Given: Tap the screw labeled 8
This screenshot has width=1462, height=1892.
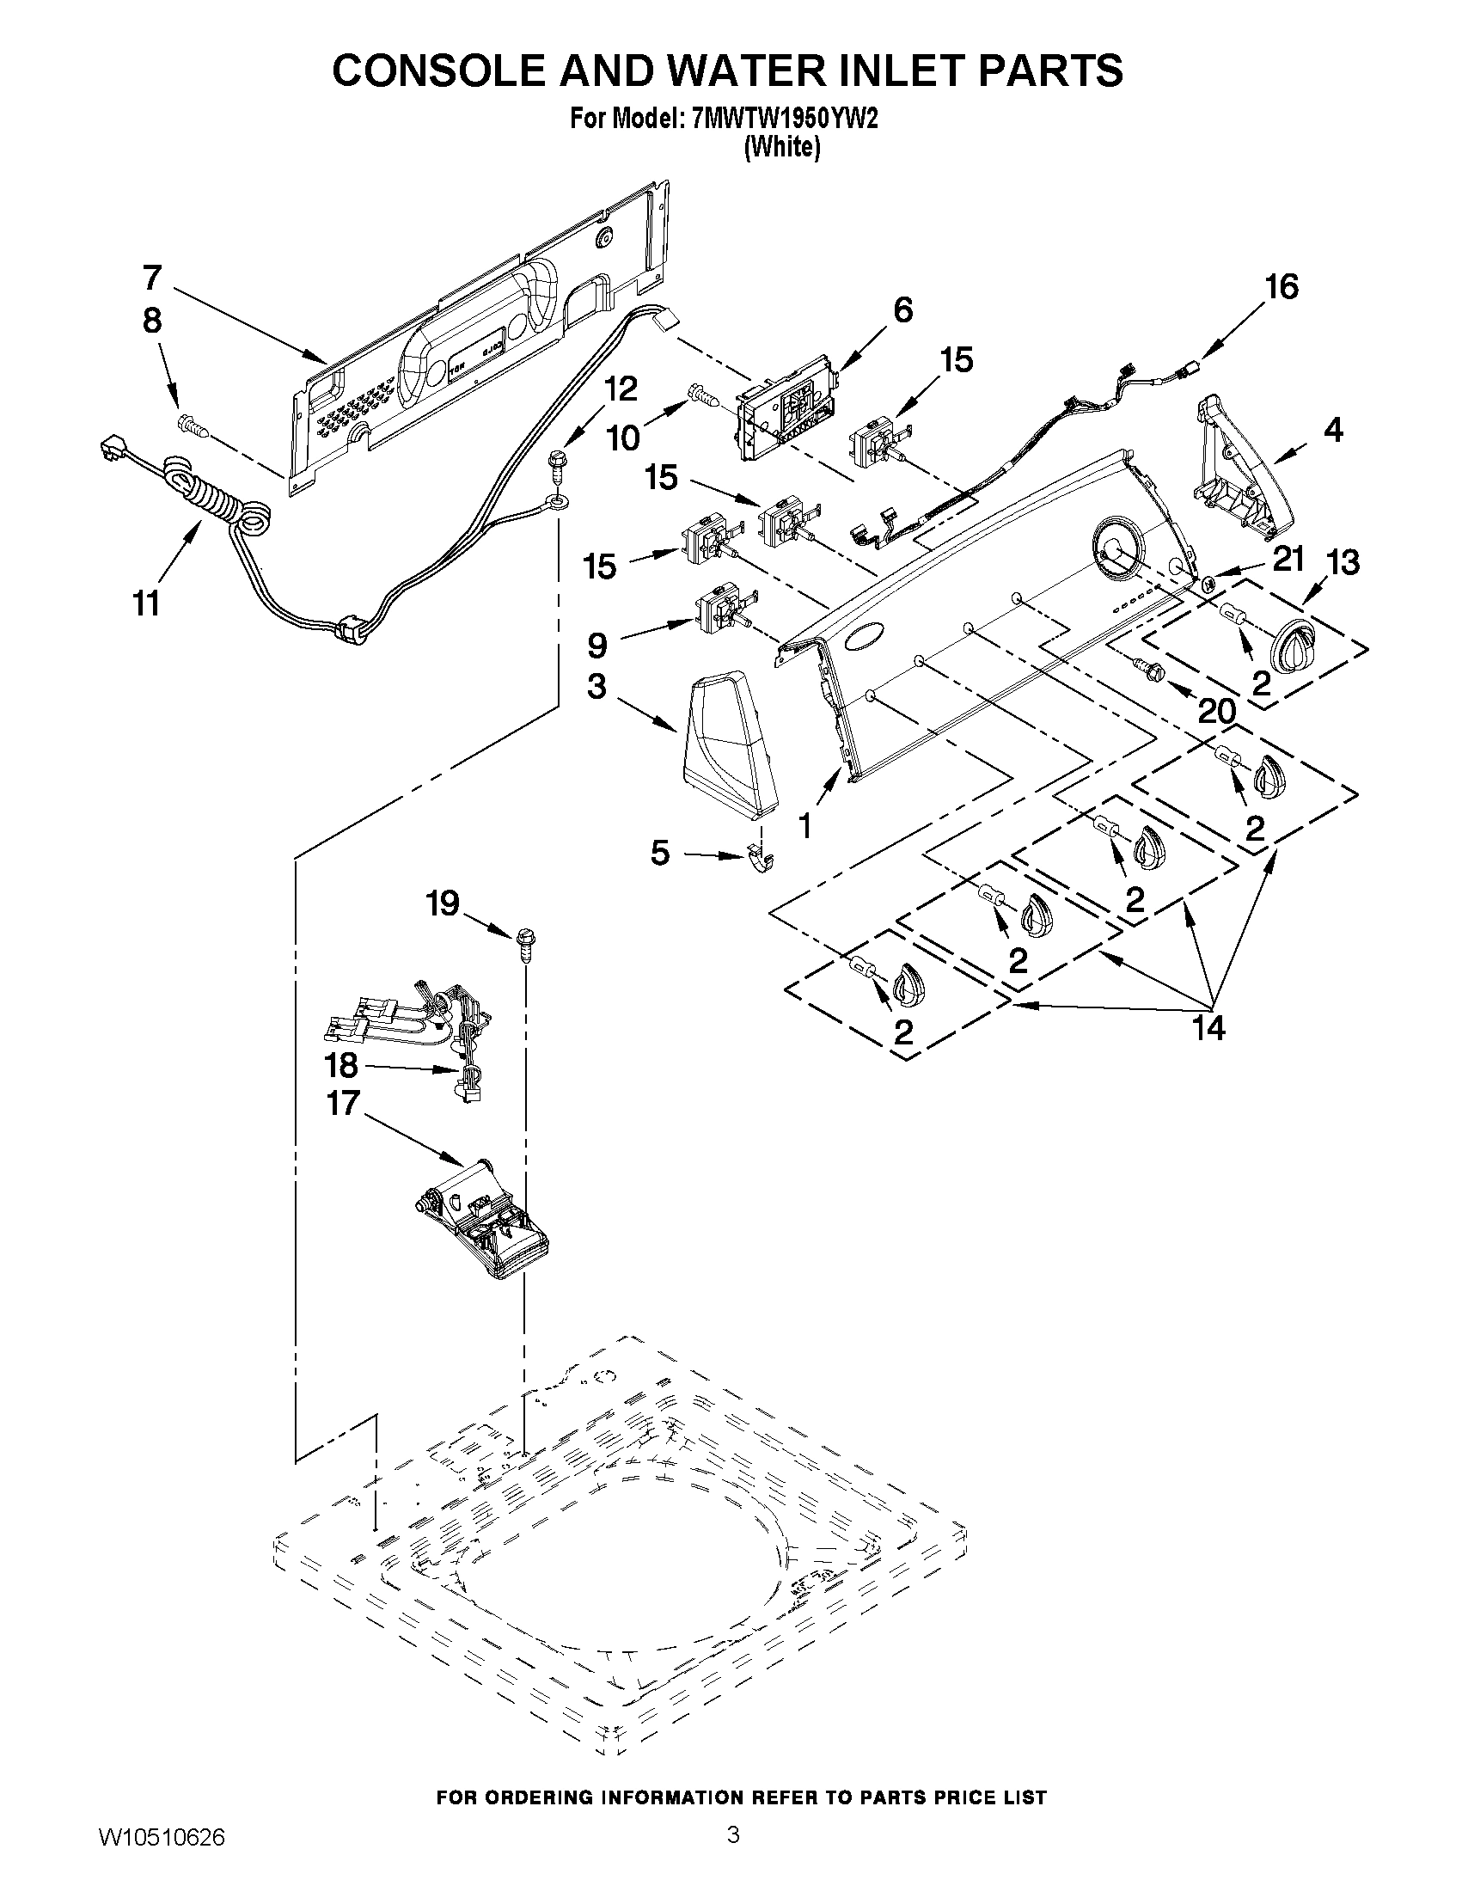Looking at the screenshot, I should click(x=192, y=426).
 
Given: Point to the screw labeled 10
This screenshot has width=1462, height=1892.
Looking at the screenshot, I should click(x=703, y=398).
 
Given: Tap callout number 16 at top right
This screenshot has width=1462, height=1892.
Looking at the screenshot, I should click(x=1282, y=287).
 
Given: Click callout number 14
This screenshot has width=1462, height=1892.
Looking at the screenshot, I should click(x=1208, y=1028).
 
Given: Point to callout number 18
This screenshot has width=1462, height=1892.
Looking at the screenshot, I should click(x=341, y=1066).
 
